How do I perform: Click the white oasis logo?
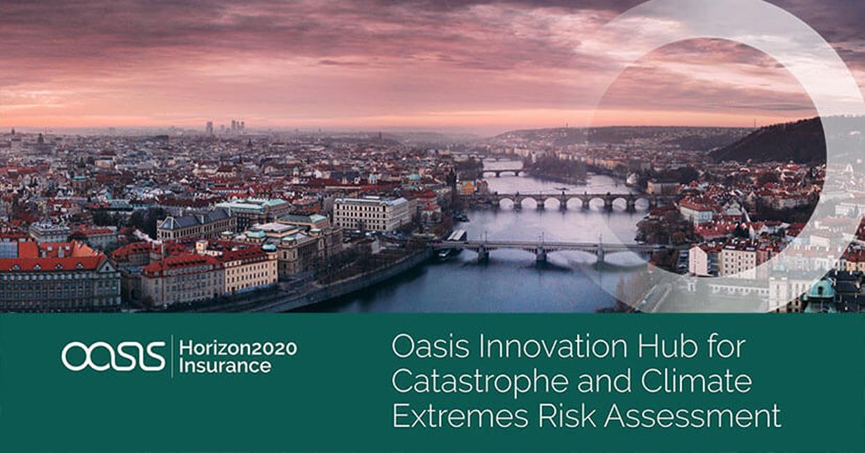(x=113, y=355)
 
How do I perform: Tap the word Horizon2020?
(x=238, y=348)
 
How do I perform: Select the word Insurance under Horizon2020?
(x=225, y=366)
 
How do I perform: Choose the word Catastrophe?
(x=480, y=382)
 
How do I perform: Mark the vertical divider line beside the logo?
(x=172, y=356)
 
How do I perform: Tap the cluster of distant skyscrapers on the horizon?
(x=226, y=127)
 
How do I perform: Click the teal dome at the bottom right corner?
(x=821, y=288)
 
